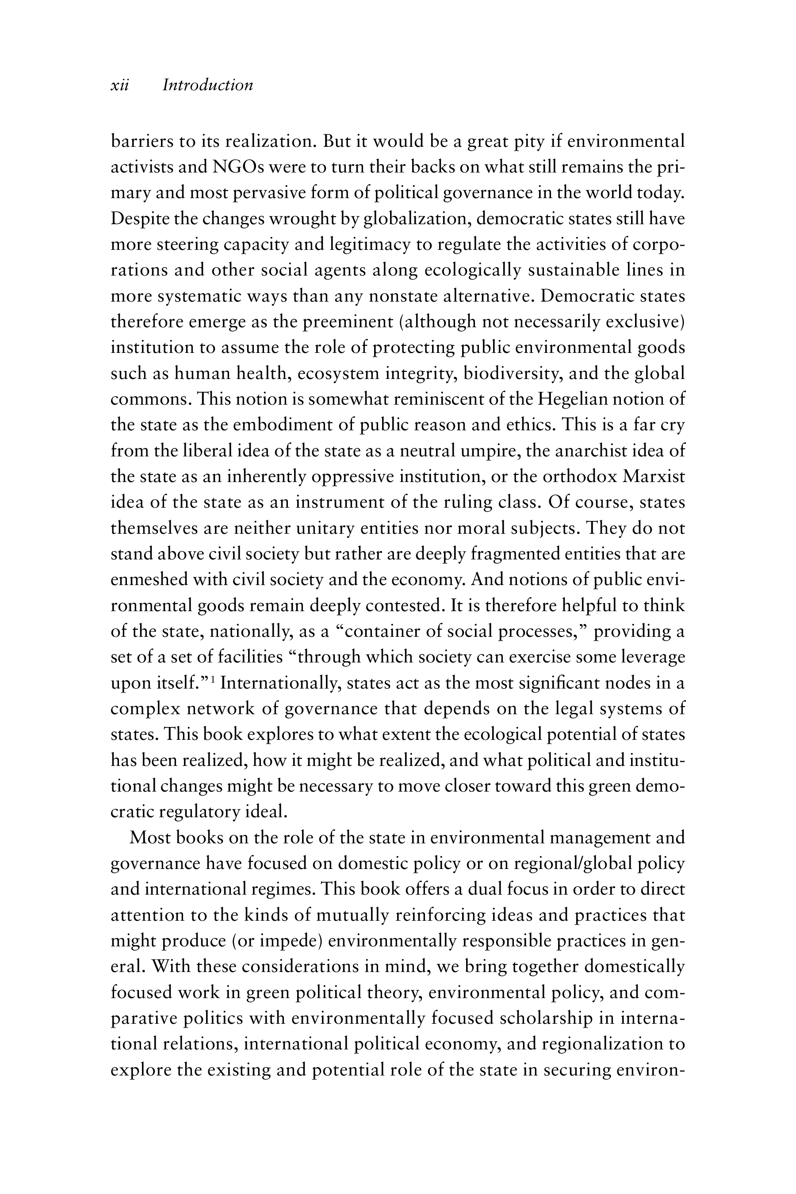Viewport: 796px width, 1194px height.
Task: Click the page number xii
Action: click(x=120, y=85)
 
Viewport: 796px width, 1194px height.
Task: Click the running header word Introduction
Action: click(x=208, y=85)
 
